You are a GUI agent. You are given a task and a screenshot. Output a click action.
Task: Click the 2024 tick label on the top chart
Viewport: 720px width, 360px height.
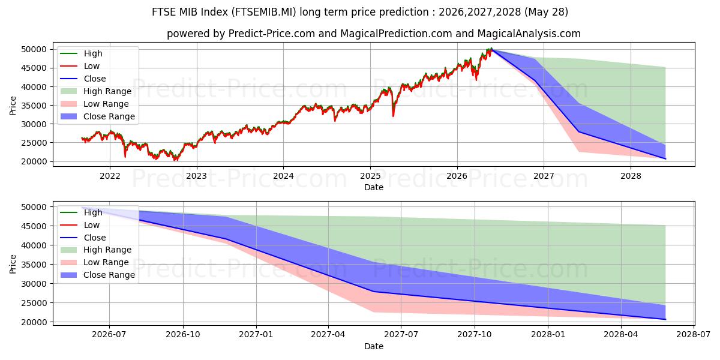283,176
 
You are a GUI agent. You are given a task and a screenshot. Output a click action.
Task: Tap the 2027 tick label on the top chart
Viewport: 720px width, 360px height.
544,176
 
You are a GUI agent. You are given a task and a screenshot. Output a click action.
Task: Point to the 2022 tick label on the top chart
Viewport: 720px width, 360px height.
110,176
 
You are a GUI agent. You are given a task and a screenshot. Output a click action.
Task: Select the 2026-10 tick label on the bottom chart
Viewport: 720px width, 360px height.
183,335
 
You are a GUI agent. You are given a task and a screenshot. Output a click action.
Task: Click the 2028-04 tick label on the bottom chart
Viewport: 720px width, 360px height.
621,335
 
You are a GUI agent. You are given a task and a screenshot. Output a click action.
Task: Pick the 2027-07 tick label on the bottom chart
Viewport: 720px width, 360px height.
401,335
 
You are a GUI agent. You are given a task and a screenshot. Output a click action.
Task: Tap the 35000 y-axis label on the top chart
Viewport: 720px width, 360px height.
34,106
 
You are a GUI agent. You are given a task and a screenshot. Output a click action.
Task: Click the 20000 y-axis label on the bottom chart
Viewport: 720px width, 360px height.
34,322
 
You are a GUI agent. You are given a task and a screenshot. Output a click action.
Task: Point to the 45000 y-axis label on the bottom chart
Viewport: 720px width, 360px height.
34,226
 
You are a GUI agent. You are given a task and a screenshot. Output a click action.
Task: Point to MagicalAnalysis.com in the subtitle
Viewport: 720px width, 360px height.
529,34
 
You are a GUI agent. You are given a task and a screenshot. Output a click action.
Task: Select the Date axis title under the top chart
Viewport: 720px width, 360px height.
373,187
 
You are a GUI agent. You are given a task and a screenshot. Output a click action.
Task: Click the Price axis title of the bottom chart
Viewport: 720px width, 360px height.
13,264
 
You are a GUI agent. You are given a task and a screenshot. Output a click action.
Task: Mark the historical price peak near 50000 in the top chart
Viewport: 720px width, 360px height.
491,49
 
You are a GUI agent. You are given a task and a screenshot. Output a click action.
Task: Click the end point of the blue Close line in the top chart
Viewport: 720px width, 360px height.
665,159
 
